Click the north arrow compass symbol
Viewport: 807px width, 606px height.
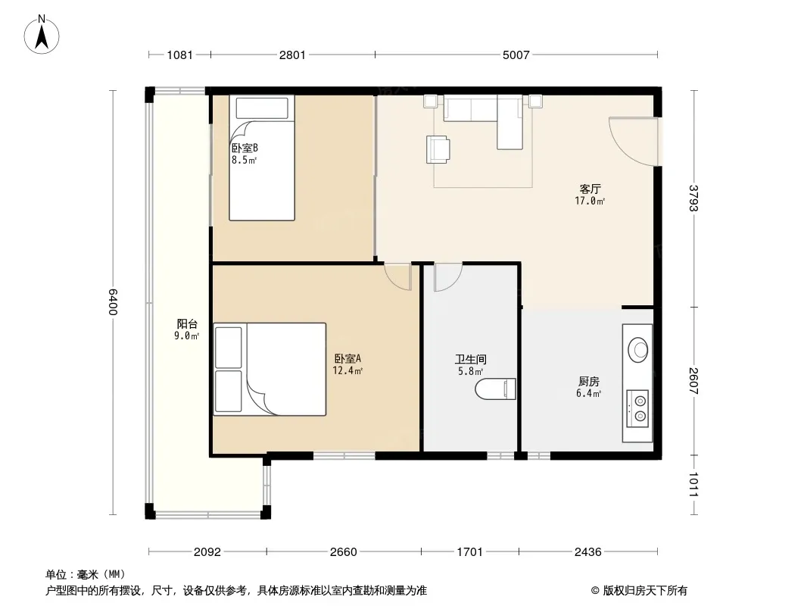pos(42,35)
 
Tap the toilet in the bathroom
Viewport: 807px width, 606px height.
pos(495,389)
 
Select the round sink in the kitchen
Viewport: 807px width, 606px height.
pos(637,350)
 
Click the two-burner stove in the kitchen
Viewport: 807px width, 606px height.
pos(637,408)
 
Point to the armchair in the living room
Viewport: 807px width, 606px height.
pos(438,149)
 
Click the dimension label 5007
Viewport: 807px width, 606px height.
pos(516,55)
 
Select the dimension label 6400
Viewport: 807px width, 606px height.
pos(114,301)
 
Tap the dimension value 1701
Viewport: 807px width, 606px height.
pos(470,552)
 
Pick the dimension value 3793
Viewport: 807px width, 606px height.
pos(693,198)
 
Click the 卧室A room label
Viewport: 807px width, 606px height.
pos(348,358)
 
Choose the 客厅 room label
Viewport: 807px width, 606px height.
pos(590,189)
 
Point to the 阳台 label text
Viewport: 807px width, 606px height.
pos(187,324)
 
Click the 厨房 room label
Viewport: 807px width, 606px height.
pos(588,382)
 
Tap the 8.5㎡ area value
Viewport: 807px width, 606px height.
pos(244,160)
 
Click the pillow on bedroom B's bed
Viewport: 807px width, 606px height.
pos(262,108)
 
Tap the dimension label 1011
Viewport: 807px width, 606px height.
pos(693,485)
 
